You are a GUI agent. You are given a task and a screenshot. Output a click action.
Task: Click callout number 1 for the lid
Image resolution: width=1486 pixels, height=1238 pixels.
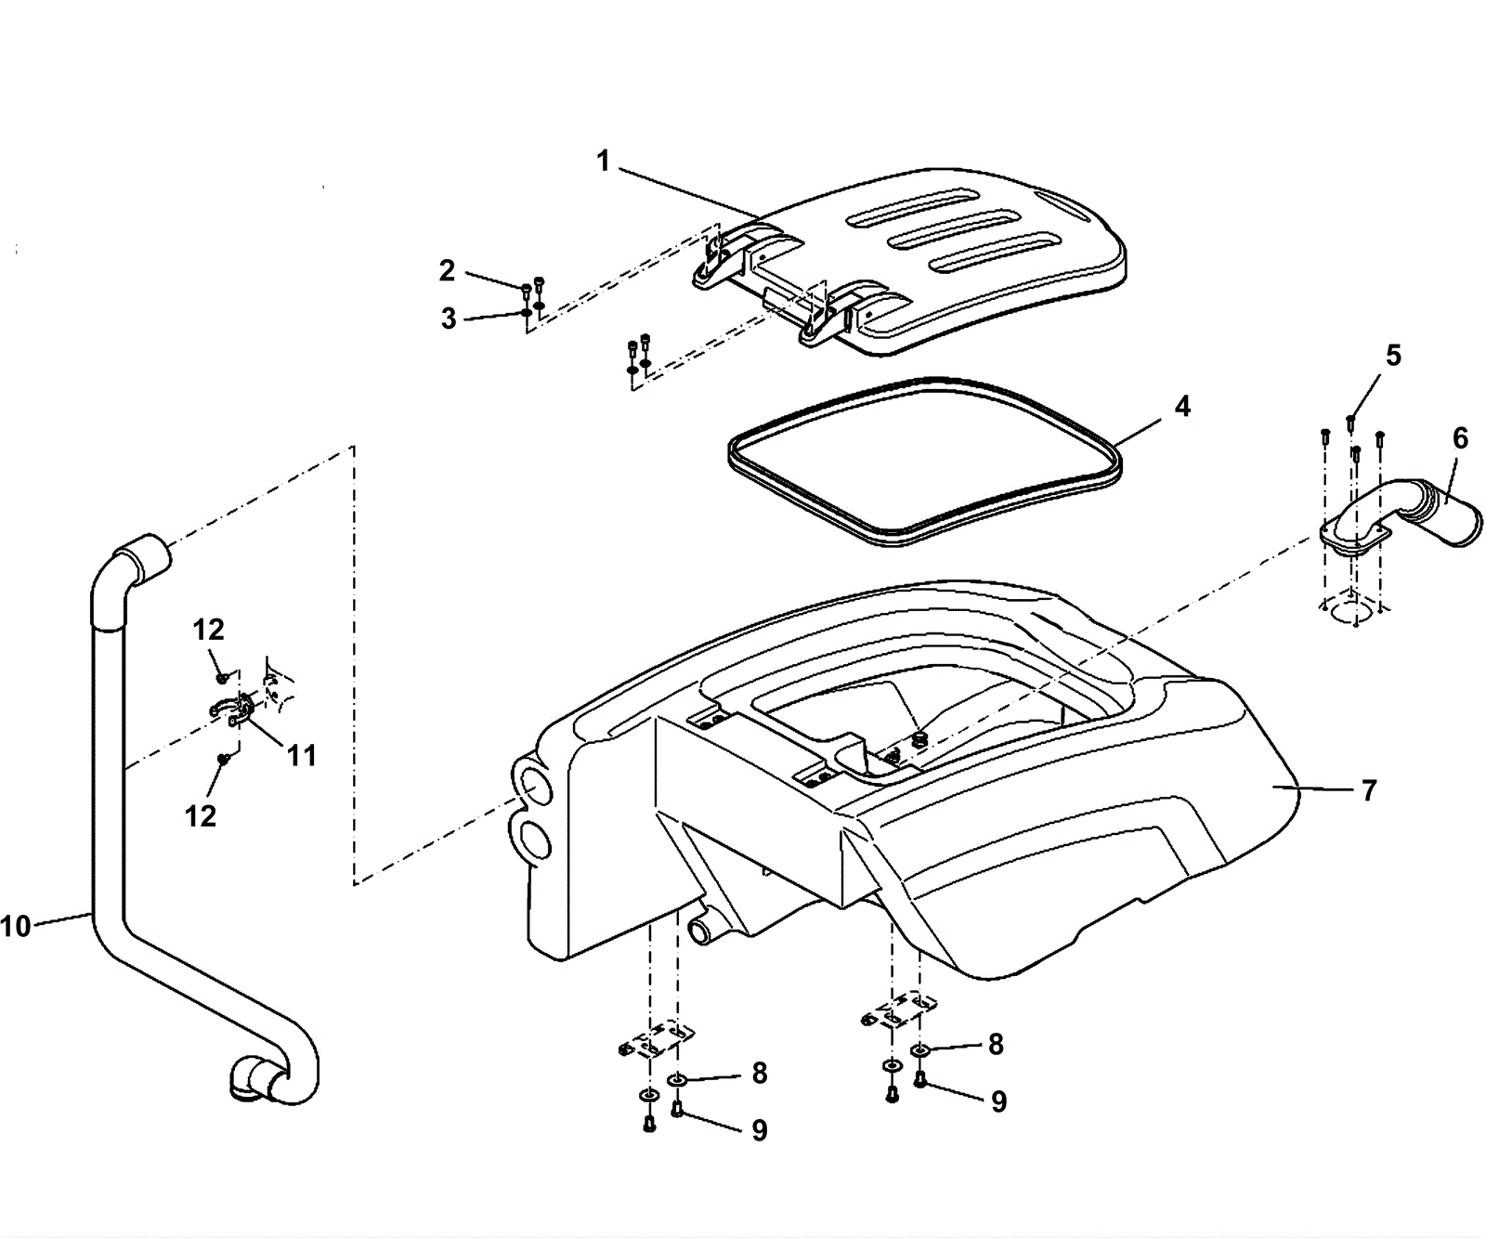[x=603, y=162]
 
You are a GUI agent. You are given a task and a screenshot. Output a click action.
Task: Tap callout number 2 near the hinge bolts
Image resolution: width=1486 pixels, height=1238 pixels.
[x=448, y=270]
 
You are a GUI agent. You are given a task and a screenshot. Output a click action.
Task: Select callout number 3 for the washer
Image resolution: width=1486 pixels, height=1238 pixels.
[x=450, y=319]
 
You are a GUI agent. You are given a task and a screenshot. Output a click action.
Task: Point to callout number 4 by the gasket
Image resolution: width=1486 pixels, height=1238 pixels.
[x=1181, y=406]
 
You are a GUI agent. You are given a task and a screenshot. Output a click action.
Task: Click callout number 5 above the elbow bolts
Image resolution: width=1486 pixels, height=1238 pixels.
[x=1393, y=356]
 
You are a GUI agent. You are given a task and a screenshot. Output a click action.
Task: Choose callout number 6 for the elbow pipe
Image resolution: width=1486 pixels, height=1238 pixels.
[x=1460, y=438]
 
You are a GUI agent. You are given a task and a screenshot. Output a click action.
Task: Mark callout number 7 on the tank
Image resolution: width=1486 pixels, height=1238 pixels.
[x=1369, y=790]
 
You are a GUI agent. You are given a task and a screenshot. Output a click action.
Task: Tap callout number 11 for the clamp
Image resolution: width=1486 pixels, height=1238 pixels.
[x=301, y=755]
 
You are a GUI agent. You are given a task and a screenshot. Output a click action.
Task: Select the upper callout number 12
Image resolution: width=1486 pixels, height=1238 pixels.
[x=209, y=630]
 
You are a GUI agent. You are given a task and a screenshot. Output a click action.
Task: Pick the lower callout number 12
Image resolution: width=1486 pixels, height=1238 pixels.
[x=201, y=815]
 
